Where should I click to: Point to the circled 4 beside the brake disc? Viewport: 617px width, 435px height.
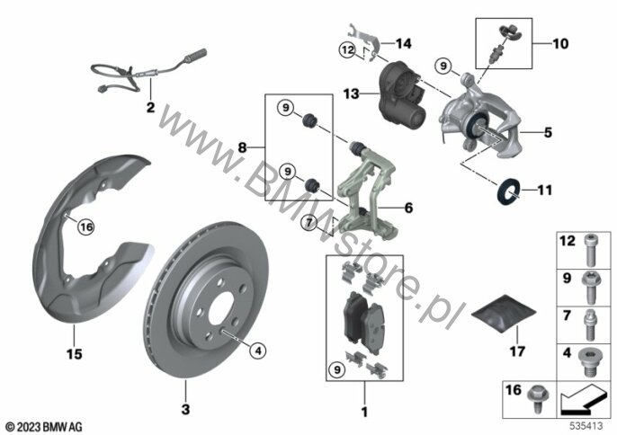click(x=255, y=350)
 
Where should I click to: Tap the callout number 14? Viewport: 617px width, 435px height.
click(x=403, y=43)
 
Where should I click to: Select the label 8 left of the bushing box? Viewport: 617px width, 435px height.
click(x=241, y=145)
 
